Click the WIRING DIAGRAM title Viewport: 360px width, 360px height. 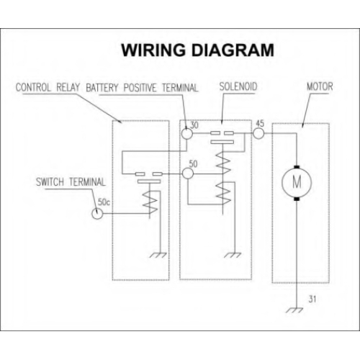[x=197, y=50]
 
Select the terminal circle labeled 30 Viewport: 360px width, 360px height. [x=186, y=133]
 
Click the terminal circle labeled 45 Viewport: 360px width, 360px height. [x=258, y=133]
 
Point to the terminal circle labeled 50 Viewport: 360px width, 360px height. [x=188, y=174]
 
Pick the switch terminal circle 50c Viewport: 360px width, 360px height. [x=97, y=213]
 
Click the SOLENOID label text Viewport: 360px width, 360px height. [x=238, y=86]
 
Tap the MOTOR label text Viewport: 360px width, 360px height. [x=320, y=86]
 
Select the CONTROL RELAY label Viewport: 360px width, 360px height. [x=48, y=87]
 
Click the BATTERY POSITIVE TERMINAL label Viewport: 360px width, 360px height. [x=142, y=88]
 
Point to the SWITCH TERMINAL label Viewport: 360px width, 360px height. [x=71, y=182]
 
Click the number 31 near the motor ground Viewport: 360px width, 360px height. [x=312, y=299]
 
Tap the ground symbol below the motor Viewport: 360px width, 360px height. [x=294, y=310]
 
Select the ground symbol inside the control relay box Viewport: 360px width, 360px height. [x=158, y=255]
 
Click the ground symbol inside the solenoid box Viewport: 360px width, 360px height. [x=233, y=255]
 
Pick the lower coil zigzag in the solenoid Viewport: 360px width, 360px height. [x=223, y=193]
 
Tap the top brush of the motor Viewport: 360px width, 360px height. [x=297, y=167]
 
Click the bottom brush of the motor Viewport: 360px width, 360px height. [x=297, y=199]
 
